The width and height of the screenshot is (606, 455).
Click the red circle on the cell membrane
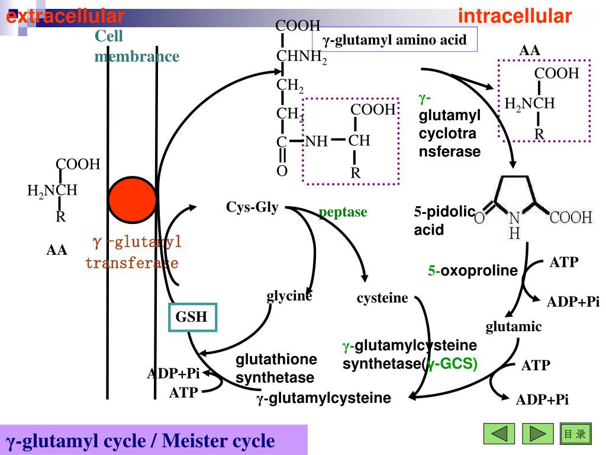[133, 197]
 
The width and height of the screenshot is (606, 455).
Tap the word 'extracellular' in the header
[65, 16]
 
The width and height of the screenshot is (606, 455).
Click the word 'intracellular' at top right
[515, 16]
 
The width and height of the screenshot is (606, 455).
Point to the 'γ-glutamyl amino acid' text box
[395, 40]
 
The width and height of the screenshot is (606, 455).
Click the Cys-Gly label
[252, 207]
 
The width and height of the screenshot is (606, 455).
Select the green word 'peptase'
[343, 212]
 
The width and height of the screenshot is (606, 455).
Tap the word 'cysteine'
[382, 298]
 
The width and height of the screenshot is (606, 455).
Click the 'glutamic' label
[514, 326]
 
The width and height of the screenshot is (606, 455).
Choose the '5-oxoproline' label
[473, 271]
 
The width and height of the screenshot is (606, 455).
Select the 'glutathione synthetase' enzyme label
[275, 369]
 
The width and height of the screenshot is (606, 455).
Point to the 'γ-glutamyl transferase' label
[133, 252]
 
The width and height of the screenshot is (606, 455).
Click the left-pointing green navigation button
[499, 434]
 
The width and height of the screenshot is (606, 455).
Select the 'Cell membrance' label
[137, 46]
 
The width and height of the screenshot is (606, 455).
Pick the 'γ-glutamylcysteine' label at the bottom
[324, 398]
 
